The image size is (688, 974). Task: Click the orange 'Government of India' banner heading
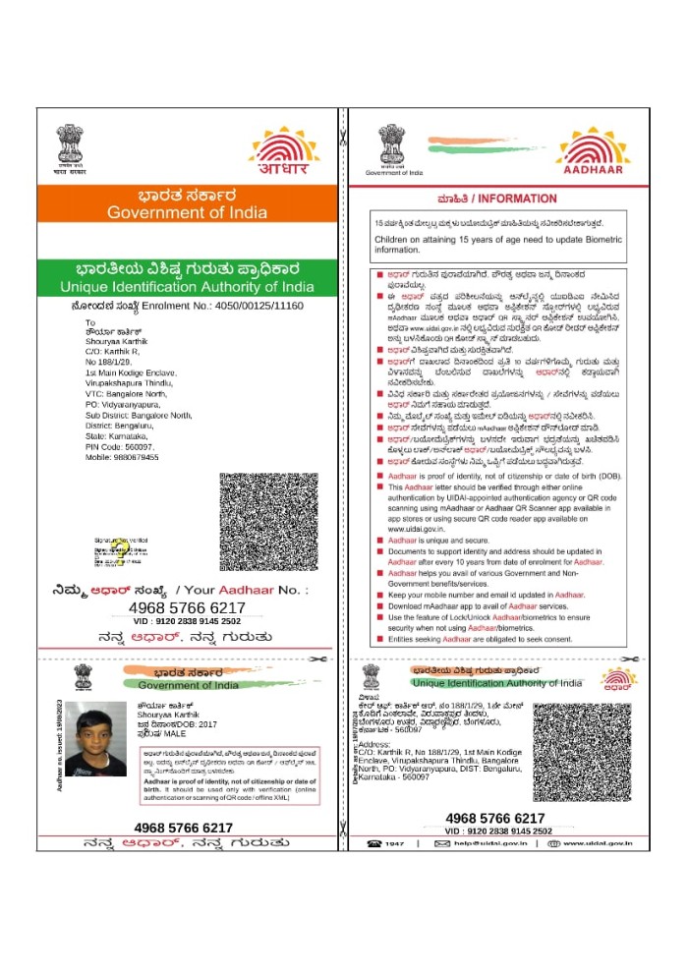pyautogui.click(x=186, y=212)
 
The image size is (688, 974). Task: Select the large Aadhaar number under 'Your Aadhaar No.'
pyautogui.click(x=187, y=608)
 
